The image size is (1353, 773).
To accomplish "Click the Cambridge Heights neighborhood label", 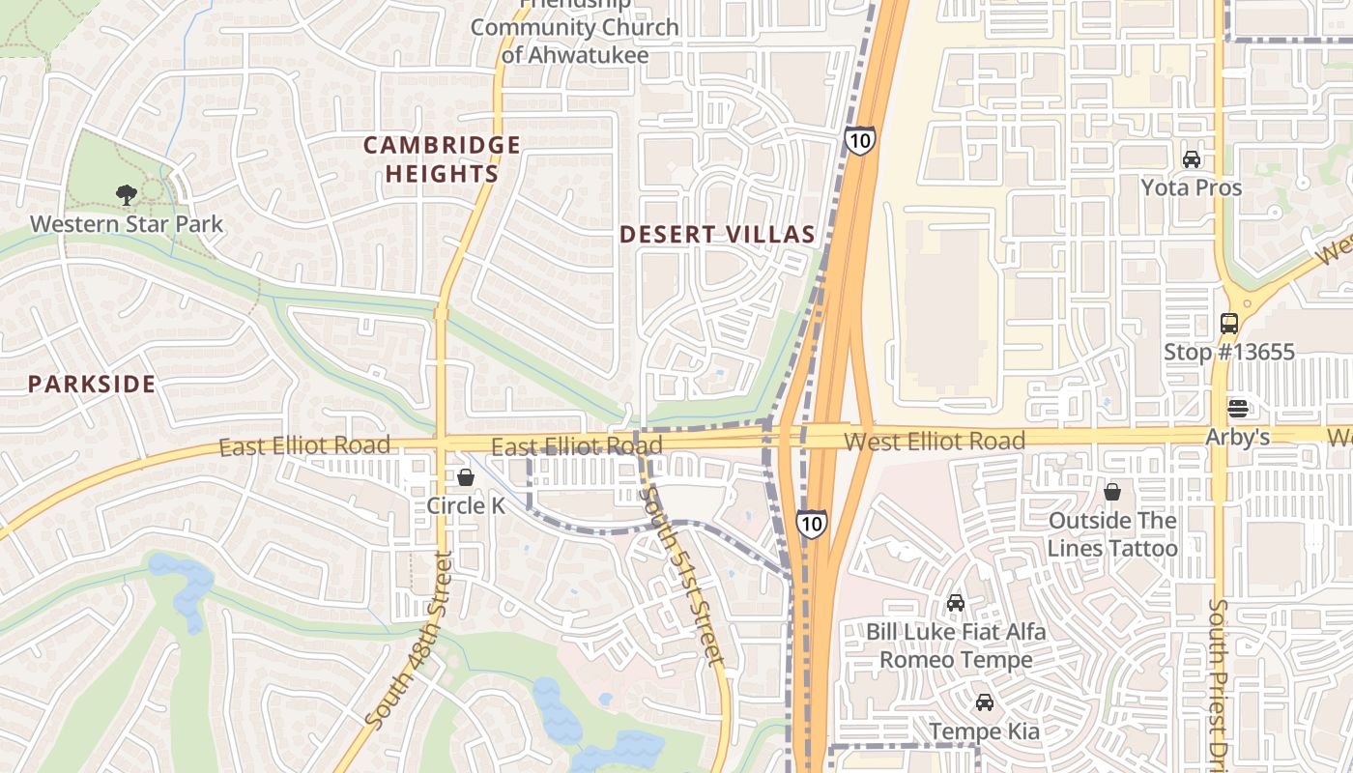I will (x=442, y=159).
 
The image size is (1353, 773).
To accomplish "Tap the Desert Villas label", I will (x=717, y=234).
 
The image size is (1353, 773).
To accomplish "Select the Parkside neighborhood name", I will (x=91, y=384).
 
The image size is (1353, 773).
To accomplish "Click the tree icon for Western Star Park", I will (x=126, y=195).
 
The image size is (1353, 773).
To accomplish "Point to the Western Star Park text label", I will (x=126, y=224).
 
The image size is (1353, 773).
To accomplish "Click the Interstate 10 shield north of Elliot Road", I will (x=859, y=140).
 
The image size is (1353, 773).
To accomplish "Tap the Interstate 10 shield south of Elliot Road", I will (x=812, y=523).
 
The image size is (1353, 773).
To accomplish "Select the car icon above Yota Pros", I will (x=1192, y=159).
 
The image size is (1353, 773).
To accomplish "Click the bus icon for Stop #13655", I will (x=1228, y=324).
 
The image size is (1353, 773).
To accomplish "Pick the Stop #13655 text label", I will (x=1228, y=352).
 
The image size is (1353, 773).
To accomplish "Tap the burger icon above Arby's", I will (x=1237, y=408).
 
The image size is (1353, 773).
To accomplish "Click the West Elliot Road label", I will (x=934, y=442).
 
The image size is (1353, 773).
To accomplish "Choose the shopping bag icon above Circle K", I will (x=466, y=477).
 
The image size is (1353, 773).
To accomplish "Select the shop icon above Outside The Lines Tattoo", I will (x=1112, y=492).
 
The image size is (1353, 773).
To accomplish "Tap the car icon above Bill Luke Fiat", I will (x=955, y=603).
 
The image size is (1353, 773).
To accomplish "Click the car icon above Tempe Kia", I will (x=984, y=702).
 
